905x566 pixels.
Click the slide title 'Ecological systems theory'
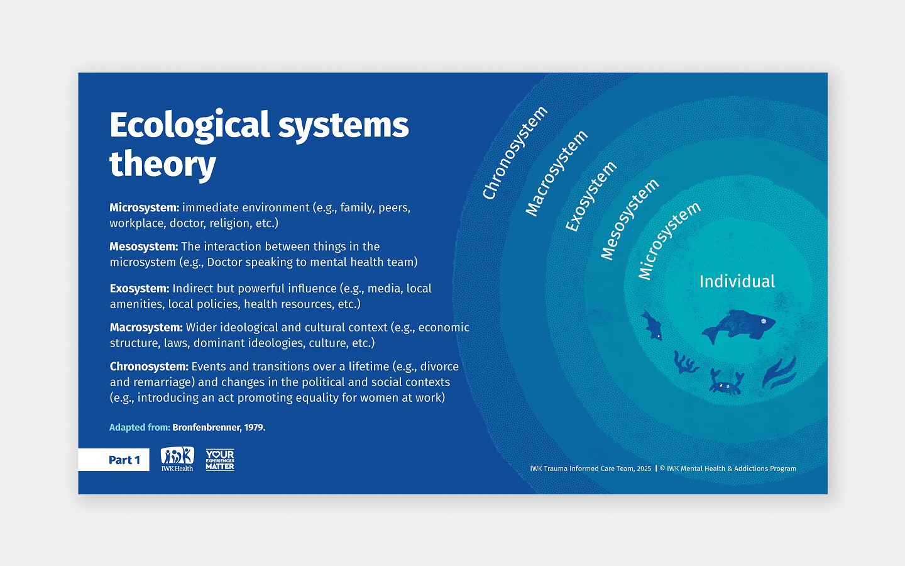[x=259, y=144]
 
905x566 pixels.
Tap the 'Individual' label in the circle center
[x=737, y=281]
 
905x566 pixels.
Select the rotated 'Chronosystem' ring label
[x=515, y=153]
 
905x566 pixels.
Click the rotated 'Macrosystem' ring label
[x=556, y=173]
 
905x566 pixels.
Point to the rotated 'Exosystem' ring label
[x=591, y=196]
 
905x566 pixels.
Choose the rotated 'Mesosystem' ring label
[x=629, y=219]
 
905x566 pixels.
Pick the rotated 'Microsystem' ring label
[x=669, y=240]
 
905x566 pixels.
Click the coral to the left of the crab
[x=685, y=363]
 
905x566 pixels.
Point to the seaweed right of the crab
[x=779, y=372]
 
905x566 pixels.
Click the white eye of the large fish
[x=764, y=321]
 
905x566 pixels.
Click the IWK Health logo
[x=177, y=459]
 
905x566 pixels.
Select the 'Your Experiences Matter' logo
[x=220, y=460]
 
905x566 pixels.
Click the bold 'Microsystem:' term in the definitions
[x=144, y=208]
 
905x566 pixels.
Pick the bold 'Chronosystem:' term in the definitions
[x=149, y=366]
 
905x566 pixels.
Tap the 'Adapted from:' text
[x=140, y=428]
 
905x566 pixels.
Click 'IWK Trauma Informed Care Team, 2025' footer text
[x=590, y=469]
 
